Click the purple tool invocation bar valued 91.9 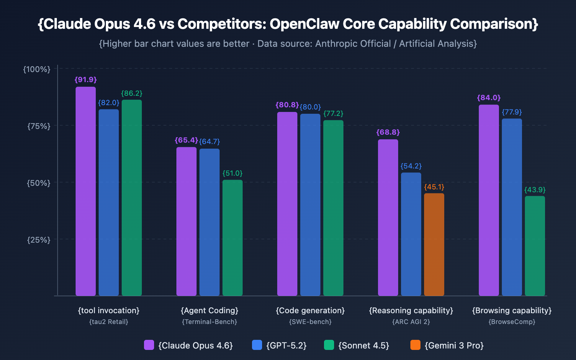(x=86, y=191)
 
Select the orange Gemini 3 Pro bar (x=434, y=245)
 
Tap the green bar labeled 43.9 (x=535, y=246)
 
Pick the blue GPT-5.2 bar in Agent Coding (x=210, y=222)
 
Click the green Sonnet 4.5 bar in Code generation (x=333, y=208)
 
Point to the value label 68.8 (x=388, y=132)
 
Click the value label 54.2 (x=411, y=166)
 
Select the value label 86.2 (x=132, y=93)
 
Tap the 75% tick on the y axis (x=39, y=126)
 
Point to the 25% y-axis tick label (x=39, y=240)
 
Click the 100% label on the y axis (x=37, y=69)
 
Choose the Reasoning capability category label (x=411, y=310)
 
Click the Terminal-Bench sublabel (x=210, y=322)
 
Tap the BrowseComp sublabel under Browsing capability (x=512, y=322)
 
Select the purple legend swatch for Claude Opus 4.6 (x=149, y=345)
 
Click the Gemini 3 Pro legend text (x=454, y=346)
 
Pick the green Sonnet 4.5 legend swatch (x=329, y=345)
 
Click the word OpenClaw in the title (x=305, y=24)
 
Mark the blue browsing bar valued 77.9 (x=512, y=207)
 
